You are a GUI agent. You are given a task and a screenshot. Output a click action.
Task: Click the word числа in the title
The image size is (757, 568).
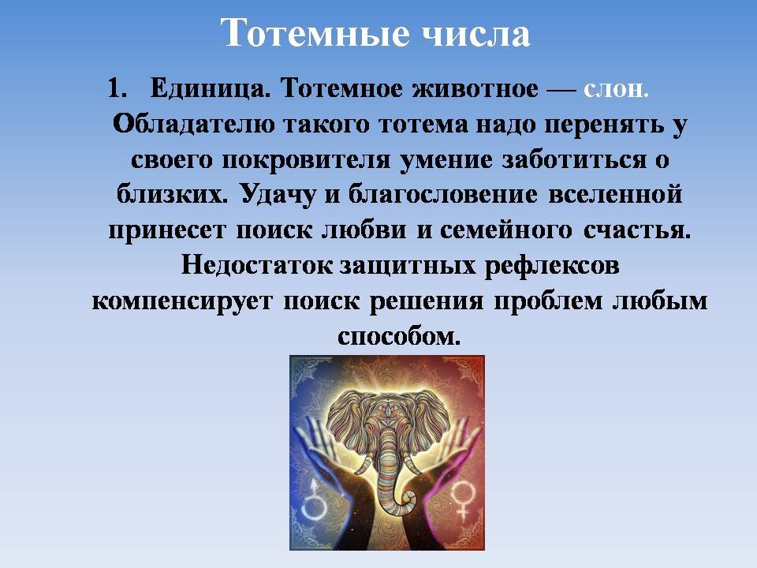pyautogui.click(x=472, y=33)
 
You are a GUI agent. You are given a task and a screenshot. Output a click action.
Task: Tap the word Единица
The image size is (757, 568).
pyautogui.click(x=205, y=88)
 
